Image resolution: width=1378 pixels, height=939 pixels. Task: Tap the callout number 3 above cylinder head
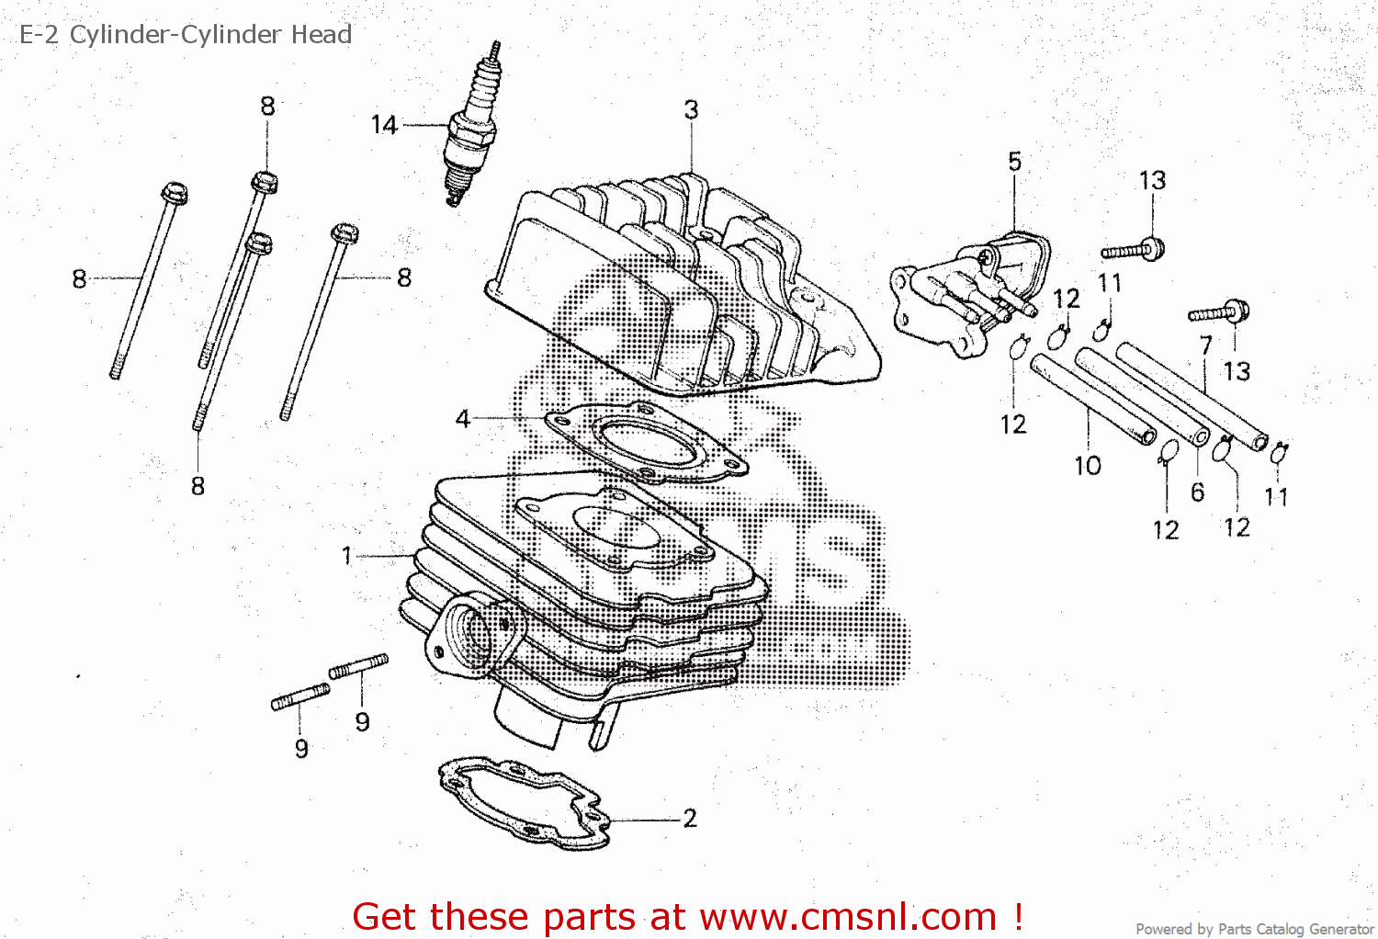click(x=691, y=110)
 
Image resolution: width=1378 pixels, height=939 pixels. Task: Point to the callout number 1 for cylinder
click(x=346, y=555)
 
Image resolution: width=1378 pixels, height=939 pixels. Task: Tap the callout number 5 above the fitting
click(x=1014, y=162)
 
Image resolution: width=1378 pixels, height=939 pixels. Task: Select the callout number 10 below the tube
click(x=1088, y=466)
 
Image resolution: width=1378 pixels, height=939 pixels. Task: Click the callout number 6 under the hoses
click(x=1197, y=492)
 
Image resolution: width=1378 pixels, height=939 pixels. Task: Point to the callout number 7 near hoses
click(x=1206, y=345)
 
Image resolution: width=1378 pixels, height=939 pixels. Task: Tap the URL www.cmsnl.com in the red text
click(x=848, y=917)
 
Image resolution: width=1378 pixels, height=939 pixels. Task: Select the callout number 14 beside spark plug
click(x=384, y=125)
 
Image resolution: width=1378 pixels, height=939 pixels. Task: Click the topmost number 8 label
click(x=267, y=107)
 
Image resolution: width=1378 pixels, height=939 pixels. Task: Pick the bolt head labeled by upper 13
click(x=1154, y=247)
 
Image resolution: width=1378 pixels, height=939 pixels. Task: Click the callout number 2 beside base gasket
click(x=690, y=818)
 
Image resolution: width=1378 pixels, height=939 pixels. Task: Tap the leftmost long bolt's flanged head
click(x=175, y=193)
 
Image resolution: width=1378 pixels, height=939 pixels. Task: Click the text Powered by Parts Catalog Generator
click(x=1254, y=929)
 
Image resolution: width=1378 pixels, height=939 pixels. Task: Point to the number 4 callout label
click(x=462, y=419)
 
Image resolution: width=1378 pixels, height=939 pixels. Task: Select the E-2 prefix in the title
click(x=39, y=35)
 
